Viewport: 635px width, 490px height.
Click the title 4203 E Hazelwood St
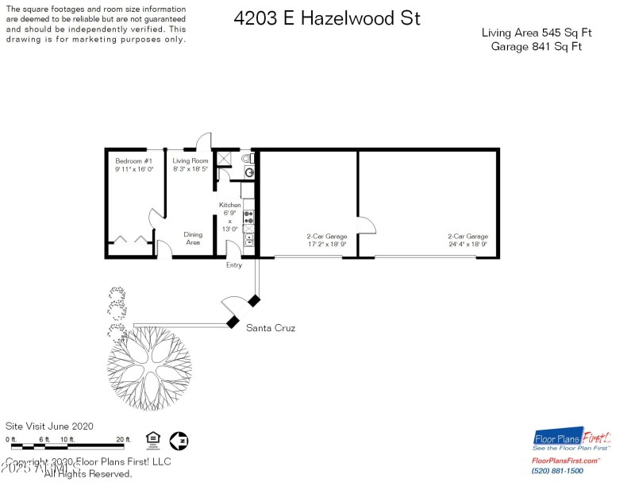(327, 18)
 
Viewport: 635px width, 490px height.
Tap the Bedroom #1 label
(133, 160)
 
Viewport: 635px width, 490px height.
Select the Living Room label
(190, 160)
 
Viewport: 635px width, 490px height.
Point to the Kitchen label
(230, 206)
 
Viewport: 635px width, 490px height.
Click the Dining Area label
(193, 238)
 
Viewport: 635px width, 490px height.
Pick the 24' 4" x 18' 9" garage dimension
(468, 244)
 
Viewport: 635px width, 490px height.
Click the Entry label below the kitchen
(234, 265)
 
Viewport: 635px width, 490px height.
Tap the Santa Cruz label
(271, 327)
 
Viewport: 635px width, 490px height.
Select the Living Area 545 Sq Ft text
(537, 33)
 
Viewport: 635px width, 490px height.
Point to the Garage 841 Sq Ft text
(537, 46)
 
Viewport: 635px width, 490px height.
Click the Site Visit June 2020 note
(49, 426)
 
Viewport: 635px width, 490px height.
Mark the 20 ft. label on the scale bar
(123, 439)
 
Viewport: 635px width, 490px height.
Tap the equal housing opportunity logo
(152, 439)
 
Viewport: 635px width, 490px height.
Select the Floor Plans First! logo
(571, 439)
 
